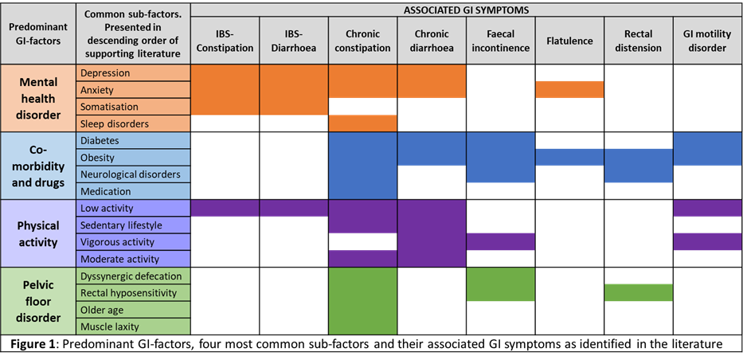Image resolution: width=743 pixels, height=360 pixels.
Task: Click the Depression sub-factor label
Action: [105, 73]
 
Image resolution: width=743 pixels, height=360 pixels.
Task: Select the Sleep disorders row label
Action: [115, 123]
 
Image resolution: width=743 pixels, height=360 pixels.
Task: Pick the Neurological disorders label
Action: [131, 174]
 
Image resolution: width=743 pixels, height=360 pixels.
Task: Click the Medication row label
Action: [106, 191]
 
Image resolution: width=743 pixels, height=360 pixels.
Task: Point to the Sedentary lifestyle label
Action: [121, 225]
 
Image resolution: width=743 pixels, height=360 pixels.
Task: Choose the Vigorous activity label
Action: [118, 242]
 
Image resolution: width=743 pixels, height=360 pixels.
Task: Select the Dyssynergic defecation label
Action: [131, 276]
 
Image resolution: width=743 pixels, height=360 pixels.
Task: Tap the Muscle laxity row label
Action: [110, 327]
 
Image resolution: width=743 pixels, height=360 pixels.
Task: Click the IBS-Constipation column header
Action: [225, 41]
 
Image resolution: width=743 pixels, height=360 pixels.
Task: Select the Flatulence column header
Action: [569, 41]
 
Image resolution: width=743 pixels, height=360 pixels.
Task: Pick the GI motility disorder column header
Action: [707, 41]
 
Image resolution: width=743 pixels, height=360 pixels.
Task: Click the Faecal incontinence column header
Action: [500, 41]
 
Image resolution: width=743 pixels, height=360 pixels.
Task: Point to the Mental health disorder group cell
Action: [38, 99]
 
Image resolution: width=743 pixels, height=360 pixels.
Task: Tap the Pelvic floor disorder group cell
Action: [38, 301]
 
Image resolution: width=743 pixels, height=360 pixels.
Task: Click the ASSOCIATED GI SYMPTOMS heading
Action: [467, 10]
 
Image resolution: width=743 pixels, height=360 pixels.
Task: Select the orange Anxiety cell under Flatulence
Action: [569, 89]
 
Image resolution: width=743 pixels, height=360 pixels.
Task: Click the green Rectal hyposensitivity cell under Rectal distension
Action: [638, 293]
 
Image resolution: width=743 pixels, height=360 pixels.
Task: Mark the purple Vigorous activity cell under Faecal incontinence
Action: [501, 241]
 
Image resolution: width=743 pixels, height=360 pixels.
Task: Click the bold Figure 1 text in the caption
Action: [35, 344]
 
